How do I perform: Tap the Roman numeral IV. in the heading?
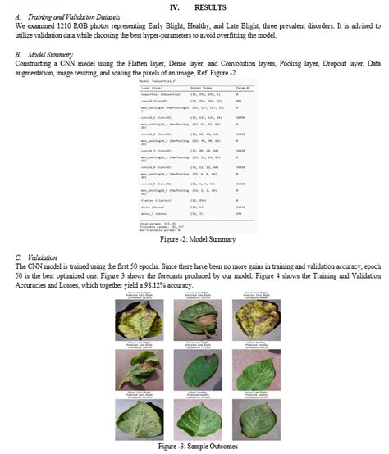pyautogui.click(x=175, y=7)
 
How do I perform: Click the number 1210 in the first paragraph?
pyautogui.click(x=62, y=25)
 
